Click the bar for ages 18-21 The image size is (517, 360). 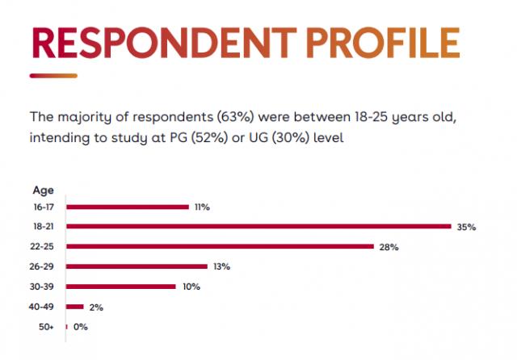click(258, 226)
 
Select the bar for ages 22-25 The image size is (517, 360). click(219, 246)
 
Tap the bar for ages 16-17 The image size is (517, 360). click(127, 207)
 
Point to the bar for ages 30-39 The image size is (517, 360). click(120, 286)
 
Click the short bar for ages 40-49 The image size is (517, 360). click(75, 306)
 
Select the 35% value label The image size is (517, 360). click(466, 228)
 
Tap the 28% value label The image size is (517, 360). click(389, 247)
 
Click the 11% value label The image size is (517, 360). click(202, 207)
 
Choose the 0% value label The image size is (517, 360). click(80, 327)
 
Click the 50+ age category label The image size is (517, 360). click(46, 326)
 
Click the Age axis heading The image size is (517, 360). click(43, 190)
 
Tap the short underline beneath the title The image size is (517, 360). click(53, 76)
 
